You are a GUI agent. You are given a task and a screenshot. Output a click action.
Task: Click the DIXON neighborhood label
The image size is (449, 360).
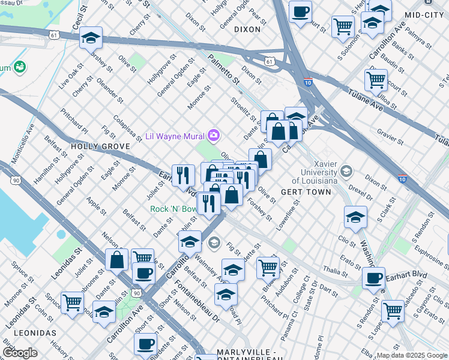click(247, 29)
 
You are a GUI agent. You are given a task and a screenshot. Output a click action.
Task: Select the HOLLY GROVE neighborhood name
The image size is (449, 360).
click(92, 146)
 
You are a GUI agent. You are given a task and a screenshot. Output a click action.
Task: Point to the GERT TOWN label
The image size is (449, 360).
click(306, 192)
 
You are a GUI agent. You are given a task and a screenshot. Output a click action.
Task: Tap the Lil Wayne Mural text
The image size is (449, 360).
click(175, 136)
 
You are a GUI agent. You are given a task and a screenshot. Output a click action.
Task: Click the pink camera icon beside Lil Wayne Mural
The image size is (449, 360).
click(213, 135)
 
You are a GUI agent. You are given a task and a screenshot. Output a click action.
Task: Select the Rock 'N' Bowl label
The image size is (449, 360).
click(173, 209)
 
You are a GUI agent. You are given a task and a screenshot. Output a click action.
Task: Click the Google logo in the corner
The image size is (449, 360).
click(20, 353)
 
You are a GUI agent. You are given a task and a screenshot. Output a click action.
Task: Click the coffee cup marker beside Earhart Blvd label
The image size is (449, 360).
click(374, 278)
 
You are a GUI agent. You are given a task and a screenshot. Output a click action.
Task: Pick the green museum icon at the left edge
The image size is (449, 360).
click(20, 66)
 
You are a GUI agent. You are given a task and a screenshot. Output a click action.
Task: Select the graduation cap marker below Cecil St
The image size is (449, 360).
click(91, 38)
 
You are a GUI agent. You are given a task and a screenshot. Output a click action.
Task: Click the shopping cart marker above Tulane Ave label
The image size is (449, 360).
click(376, 80)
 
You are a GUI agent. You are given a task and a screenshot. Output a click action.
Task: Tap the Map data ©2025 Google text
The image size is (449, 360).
click(412, 355)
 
